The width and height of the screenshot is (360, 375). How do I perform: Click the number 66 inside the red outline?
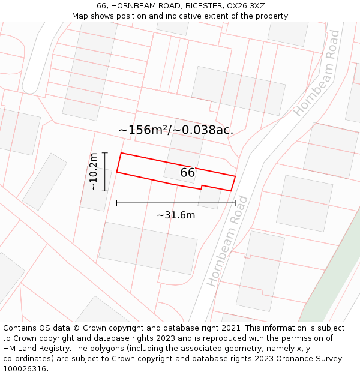point(188,173)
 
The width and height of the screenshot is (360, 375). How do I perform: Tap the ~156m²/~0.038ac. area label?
point(176,130)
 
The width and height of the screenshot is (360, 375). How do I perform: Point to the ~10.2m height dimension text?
point(93,172)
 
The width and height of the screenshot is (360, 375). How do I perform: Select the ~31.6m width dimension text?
point(176,215)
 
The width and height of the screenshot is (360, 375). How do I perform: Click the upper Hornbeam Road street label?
point(317,73)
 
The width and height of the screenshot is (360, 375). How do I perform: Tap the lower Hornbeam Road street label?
point(227,241)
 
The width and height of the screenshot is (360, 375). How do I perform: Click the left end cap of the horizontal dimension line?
point(116,203)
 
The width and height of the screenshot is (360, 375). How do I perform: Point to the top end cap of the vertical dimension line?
point(105,153)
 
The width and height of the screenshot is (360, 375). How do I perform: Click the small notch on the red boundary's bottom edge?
point(201,187)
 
